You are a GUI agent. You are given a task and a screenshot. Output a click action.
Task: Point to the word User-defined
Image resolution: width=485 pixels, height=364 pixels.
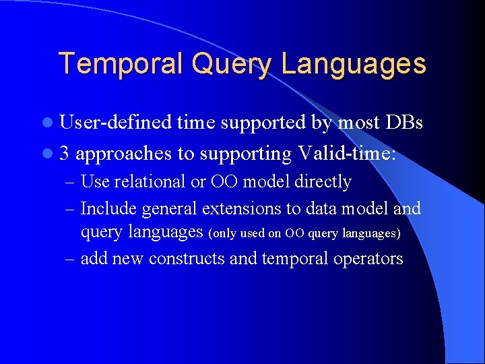pyautogui.click(x=115, y=123)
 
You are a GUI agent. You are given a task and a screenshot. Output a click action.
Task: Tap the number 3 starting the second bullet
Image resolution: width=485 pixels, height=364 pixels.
pyautogui.click(x=64, y=154)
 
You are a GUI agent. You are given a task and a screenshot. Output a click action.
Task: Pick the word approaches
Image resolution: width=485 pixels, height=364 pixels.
pyautogui.click(x=124, y=154)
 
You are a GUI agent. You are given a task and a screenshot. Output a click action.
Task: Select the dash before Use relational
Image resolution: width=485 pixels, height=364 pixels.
pyautogui.click(x=71, y=182)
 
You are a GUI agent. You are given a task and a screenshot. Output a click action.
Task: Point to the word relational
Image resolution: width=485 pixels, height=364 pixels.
pyautogui.click(x=148, y=182)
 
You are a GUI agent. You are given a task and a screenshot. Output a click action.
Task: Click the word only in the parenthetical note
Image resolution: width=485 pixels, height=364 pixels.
pyautogui.click(x=223, y=234)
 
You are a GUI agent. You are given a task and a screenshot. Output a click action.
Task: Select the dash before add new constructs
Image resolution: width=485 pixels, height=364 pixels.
pyautogui.click(x=71, y=259)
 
